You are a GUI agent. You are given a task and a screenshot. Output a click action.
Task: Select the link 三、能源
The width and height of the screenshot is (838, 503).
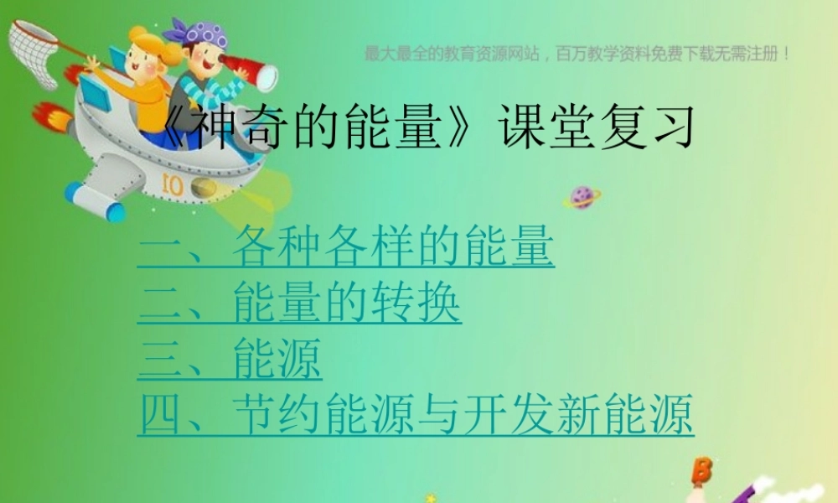coord(230,360)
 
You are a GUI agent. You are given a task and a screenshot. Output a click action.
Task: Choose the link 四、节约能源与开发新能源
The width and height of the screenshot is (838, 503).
coord(416,415)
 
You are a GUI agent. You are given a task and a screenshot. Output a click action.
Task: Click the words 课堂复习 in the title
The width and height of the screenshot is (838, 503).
coord(596,127)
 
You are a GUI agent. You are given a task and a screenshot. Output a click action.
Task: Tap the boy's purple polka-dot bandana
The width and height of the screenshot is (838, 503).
coord(202,33)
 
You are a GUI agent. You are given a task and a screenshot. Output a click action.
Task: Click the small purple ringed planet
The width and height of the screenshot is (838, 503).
coord(581,198)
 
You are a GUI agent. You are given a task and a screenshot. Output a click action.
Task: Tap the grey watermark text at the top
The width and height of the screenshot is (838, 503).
coord(578,54)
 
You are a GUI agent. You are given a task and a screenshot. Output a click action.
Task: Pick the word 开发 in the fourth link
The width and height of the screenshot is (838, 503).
coord(535,415)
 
